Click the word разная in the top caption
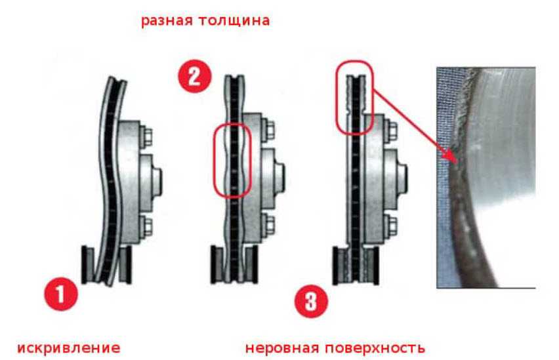tap(167, 21)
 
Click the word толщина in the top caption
tap(234, 20)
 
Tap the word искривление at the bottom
tap(68, 348)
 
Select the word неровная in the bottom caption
tap(281, 348)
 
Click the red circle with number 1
tap(60, 294)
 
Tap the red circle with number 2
tap(195, 76)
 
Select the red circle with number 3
tap(311, 301)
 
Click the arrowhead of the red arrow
tap(451, 157)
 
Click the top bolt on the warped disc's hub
tap(146, 136)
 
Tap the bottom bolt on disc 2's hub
tap(269, 224)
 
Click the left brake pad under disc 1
tap(88, 264)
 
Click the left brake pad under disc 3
tap(340, 266)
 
